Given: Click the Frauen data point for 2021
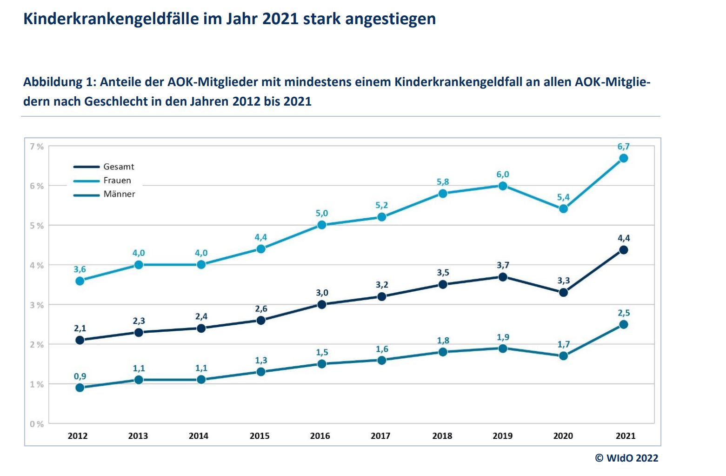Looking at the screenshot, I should point(624,158).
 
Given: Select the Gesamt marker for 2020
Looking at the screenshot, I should point(563,293).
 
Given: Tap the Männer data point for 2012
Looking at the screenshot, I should point(80,388).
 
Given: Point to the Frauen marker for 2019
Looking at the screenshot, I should point(503,186).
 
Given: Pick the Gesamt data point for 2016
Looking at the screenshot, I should point(321,305).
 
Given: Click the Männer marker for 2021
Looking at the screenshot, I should point(624,324).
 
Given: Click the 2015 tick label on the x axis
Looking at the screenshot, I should point(260,436).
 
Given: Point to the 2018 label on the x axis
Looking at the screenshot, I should point(442,436).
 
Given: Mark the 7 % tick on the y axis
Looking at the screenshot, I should point(37,147).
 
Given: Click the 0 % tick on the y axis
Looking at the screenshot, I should point(37,424).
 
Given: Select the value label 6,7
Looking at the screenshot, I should point(624,147).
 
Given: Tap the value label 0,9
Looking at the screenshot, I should point(80,376).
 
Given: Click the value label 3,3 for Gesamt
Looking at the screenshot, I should point(563,281).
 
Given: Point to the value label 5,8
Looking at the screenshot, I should point(443,182).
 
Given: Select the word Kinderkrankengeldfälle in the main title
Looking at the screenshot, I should point(112,19).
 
